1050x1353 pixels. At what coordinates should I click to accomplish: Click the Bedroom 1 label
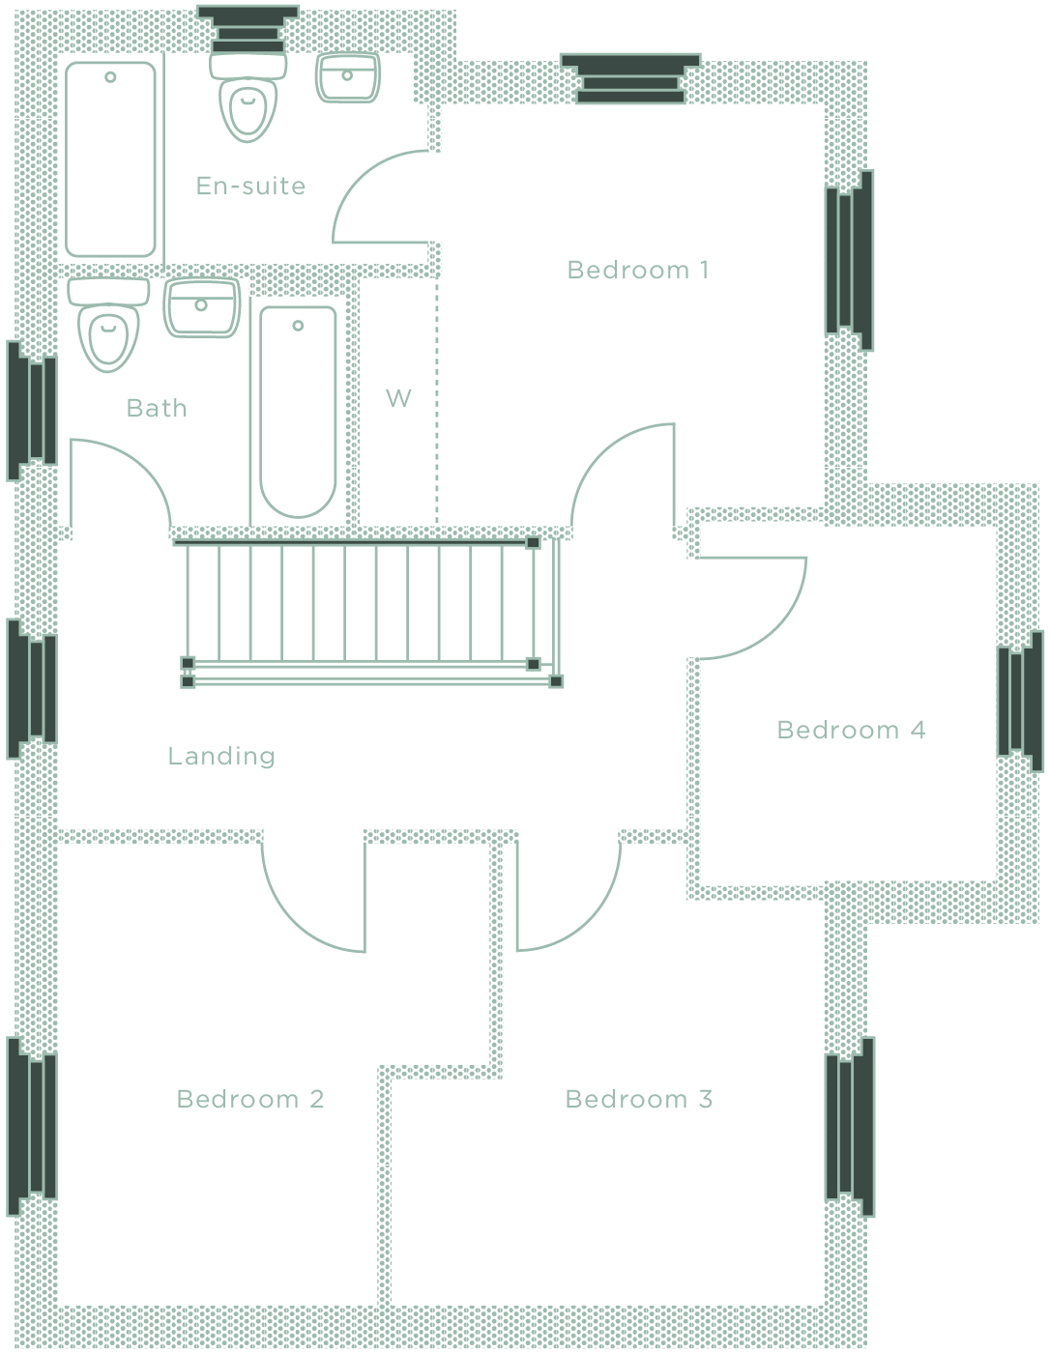coord(638,270)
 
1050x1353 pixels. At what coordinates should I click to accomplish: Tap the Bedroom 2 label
coord(249,1099)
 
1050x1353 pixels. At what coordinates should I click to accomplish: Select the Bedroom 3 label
coord(638,1099)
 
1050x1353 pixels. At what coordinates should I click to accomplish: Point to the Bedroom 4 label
coord(851,730)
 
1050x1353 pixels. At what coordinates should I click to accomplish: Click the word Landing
coord(221,756)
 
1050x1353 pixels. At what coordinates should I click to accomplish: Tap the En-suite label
coord(250,186)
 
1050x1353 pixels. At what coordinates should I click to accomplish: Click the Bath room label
coord(157,408)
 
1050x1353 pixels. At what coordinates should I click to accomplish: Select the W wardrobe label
coord(398,398)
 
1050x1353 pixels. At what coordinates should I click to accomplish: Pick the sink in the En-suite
coord(347,78)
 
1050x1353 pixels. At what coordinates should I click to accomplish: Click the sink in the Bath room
coord(201,308)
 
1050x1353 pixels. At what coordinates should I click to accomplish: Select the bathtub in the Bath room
coord(298,411)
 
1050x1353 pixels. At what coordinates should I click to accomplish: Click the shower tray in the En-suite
coord(110,159)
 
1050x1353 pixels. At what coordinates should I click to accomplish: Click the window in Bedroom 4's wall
coord(1020,701)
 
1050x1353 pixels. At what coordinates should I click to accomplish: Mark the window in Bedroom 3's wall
coord(850,1126)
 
